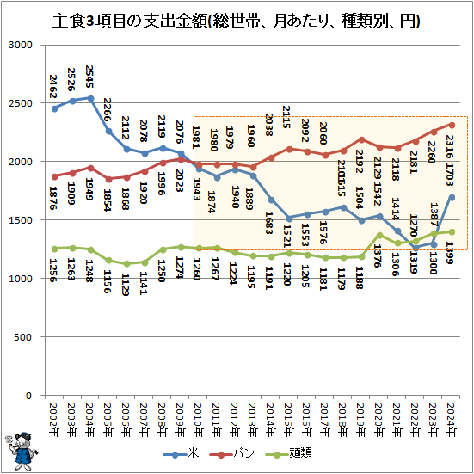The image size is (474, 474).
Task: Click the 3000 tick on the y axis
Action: coord(22,45)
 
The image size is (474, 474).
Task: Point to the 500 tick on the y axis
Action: coord(24,337)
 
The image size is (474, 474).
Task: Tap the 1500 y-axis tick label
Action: coord(22,220)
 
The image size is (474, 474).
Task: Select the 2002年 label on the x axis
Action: coord(55,419)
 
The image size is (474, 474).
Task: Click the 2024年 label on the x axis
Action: coord(452,419)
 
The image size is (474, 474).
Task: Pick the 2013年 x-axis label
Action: coord(253,419)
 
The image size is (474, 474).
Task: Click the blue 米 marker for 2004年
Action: coord(91,98)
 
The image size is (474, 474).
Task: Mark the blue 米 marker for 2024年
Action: coord(452,197)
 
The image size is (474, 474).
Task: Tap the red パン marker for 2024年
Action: coord(452,125)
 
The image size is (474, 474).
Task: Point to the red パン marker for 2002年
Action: coord(55,176)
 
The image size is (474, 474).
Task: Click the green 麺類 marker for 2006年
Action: coord(127,264)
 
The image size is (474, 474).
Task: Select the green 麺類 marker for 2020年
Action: coord(379,235)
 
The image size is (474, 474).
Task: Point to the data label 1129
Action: coord(127,285)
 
